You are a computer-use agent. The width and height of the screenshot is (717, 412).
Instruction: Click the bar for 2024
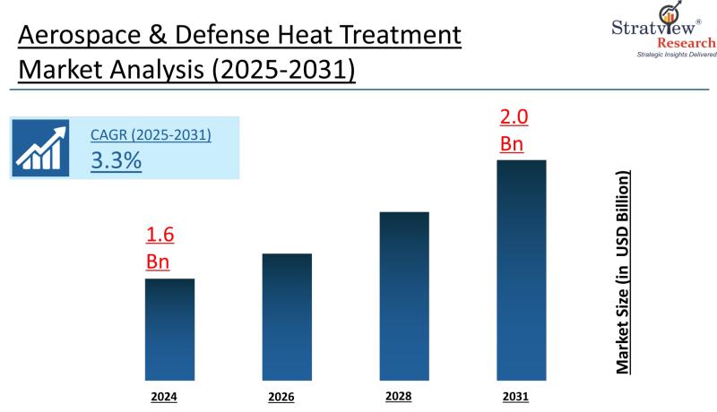[169, 329]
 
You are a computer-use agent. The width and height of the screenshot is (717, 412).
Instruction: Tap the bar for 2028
[404, 296]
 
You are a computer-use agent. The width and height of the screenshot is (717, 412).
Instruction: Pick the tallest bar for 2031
[522, 270]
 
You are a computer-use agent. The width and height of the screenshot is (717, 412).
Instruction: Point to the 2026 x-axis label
[281, 396]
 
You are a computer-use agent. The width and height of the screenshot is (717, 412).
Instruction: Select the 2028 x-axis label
[398, 395]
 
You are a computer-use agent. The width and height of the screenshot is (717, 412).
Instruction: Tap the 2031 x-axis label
[516, 395]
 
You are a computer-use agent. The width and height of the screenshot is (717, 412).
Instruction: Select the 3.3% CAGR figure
[116, 160]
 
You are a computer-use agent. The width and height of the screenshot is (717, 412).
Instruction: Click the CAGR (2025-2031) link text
[151, 135]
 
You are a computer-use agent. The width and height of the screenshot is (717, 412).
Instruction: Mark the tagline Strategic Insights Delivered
[676, 56]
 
